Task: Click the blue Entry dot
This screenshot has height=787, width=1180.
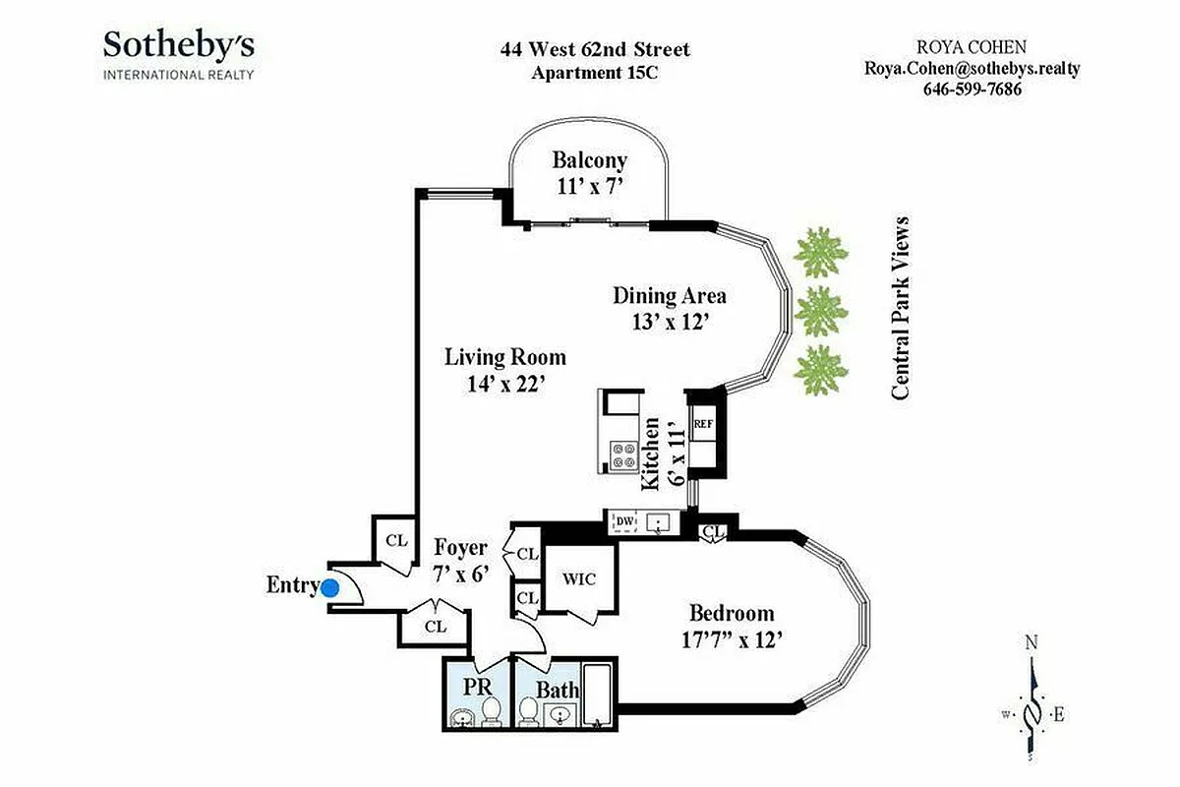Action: pos(330,587)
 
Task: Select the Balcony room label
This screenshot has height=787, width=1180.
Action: pos(589,160)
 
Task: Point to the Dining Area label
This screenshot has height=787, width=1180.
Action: pos(669,295)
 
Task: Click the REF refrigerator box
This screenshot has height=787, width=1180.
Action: pos(703,424)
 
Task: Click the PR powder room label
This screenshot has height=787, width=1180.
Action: pos(477,684)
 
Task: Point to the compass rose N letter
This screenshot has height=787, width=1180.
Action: pos(1032,643)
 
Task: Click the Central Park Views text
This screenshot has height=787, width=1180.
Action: pos(899,308)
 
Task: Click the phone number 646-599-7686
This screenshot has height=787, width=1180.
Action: pos(972,89)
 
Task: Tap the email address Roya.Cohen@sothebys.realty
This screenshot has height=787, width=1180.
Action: pos(972,68)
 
